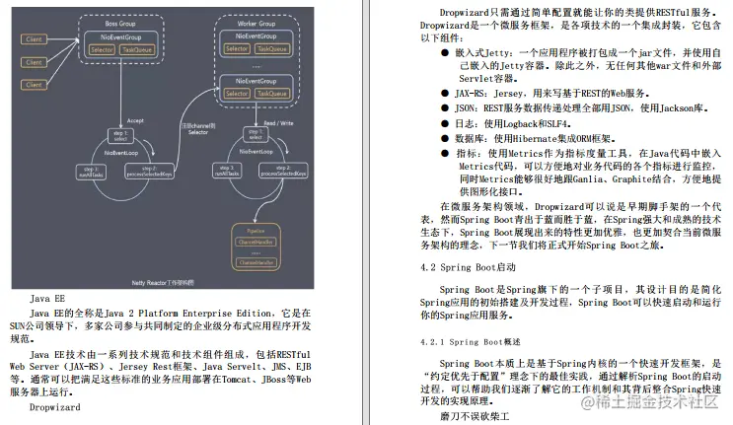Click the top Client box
click(35, 38)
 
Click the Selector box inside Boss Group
click(101, 47)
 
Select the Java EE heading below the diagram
click(46, 297)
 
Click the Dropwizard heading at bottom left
click(54, 406)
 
